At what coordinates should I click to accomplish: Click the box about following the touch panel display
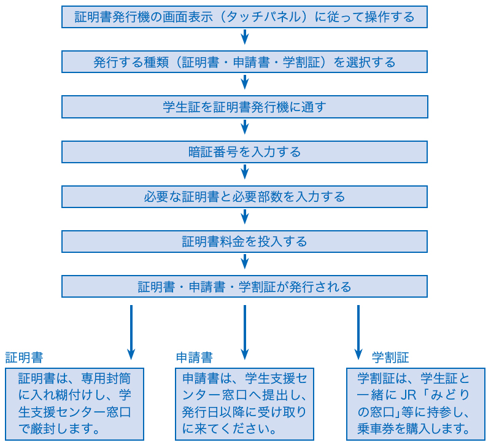(244, 17)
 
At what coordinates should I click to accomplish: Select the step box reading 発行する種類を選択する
(244, 62)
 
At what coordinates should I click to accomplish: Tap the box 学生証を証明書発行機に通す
(244, 107)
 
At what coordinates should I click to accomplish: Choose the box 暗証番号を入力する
(244, 152)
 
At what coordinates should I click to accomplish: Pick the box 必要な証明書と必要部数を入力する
(244, 196)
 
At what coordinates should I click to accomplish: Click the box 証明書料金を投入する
(244, 241)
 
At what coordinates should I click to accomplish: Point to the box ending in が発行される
(244, 286)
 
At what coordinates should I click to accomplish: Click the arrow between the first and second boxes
(245, 37)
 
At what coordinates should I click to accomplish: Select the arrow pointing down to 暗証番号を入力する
(245, 127)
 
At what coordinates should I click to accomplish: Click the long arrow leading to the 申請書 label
(245, 332)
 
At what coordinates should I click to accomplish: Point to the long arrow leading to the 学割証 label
(358, 332)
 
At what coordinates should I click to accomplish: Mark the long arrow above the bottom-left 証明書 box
(131, 332)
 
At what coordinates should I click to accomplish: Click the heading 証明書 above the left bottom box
(24, 358)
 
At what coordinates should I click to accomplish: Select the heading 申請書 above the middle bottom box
(195, 358)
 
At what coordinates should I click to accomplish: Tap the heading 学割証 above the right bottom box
(390, 358)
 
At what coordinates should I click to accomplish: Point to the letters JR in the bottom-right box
(409, 395)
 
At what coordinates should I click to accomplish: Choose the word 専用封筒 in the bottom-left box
(106, 379)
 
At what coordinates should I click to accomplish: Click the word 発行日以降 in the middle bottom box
(213, 412)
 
